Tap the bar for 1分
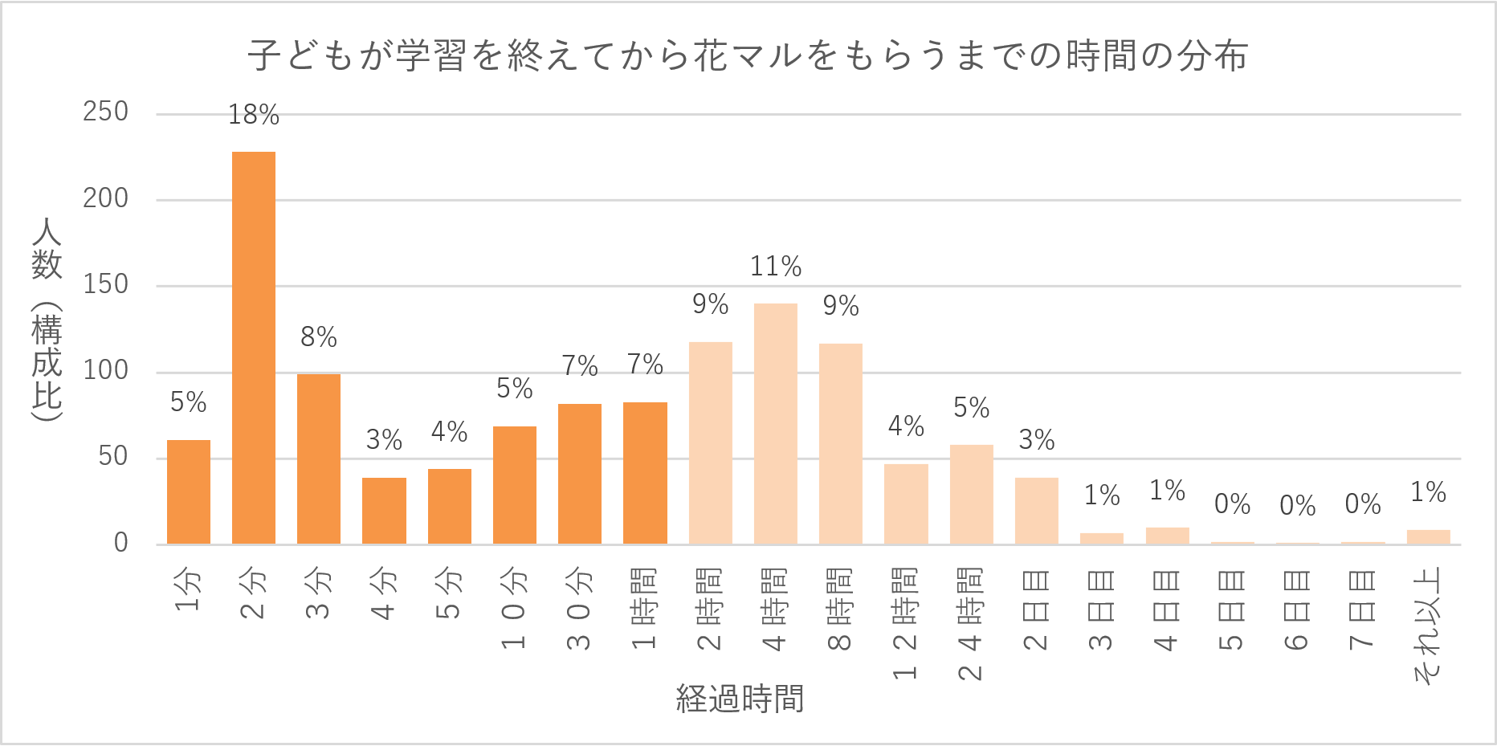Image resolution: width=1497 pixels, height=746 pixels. [189, 491]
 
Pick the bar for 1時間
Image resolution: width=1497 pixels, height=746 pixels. [645, 473]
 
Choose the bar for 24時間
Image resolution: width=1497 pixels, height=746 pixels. [971, 494]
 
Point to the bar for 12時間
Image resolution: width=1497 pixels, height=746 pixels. [906, 503]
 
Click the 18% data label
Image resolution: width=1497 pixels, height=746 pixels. [254, 116]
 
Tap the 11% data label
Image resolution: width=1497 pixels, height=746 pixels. [775, 267]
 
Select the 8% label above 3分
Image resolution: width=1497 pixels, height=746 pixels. [319, 337]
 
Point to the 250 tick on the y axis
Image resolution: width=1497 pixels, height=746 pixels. [105, 112]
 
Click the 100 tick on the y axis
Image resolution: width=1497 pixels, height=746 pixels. [105, 370]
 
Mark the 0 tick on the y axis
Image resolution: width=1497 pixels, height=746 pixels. [120, 543]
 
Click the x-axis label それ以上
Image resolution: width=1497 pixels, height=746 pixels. [1428, 626]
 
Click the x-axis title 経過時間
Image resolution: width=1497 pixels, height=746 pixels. [740, 699]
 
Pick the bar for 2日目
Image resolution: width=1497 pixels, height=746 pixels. [1036, 511]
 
